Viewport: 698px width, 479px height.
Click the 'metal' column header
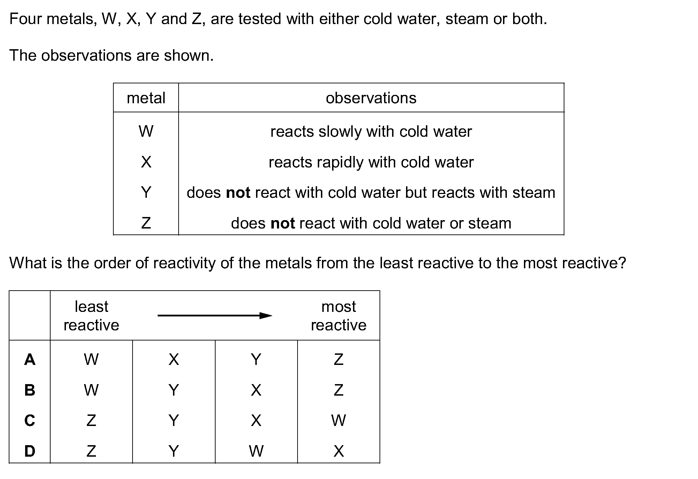146,98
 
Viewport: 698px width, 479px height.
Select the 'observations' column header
371,98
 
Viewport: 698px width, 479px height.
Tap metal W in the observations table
146,132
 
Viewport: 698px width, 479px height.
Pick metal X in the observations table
146,162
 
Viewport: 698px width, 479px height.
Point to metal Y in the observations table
146,192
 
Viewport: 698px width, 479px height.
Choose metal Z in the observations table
146,223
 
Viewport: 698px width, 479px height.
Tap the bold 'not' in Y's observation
238,193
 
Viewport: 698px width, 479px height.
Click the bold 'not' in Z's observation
283,223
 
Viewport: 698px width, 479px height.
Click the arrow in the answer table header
215,316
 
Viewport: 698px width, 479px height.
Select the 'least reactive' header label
91,316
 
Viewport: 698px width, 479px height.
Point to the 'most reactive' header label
339,316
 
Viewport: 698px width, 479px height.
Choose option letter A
30,359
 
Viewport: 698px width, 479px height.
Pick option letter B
30,390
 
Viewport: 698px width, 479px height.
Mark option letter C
30,420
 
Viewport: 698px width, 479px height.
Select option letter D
30,451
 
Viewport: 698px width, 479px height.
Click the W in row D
256,451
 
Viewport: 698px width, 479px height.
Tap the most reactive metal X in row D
339,451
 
